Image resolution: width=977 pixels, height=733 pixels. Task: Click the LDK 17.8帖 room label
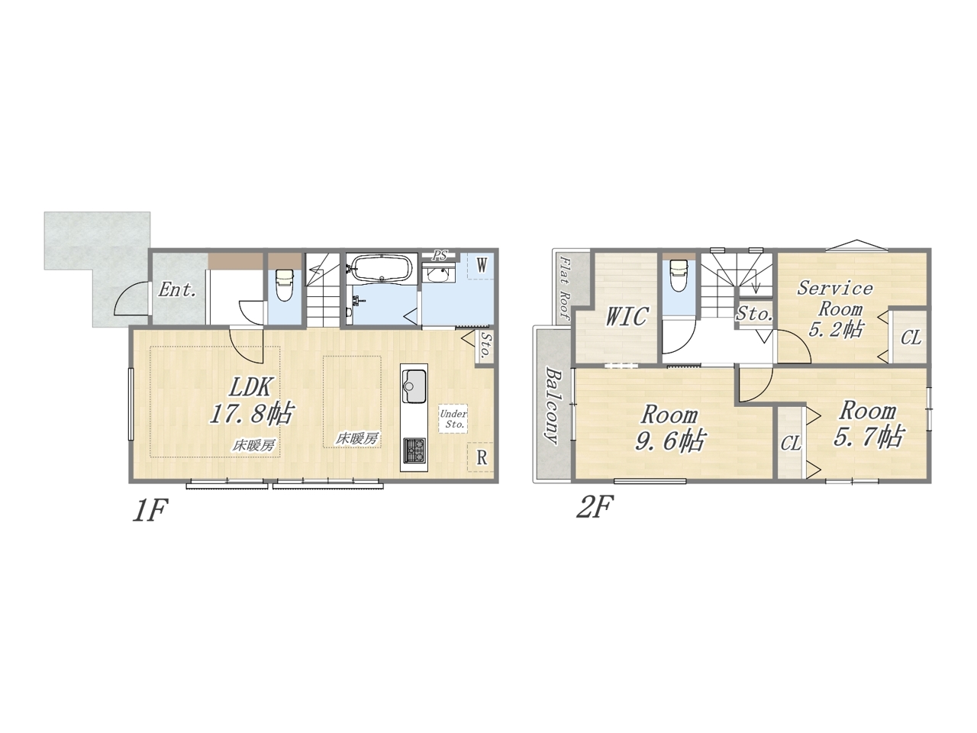250,400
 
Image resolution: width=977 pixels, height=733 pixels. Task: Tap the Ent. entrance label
177,290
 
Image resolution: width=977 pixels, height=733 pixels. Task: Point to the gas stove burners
414,450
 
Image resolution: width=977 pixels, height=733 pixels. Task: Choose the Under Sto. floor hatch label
453,418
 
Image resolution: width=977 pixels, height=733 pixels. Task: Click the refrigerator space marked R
481,457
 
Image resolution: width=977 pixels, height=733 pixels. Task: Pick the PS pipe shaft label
440,255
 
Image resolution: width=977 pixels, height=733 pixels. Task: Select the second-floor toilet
679,276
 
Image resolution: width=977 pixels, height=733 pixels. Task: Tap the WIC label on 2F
627,316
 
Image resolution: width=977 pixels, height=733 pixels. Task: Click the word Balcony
553,405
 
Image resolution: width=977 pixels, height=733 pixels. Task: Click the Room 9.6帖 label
671,428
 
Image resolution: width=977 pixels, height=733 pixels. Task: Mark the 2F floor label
595,507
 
